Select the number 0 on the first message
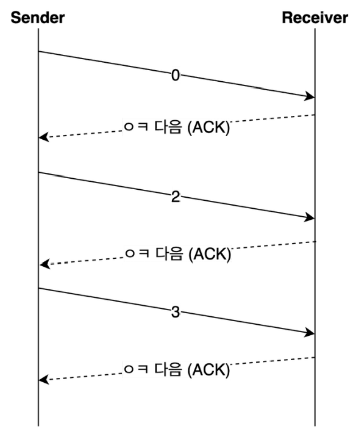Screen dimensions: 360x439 (175, 75)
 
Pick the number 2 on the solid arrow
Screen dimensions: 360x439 (175, 197)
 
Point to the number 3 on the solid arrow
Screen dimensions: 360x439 (175, 312)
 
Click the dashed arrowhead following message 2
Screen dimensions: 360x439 (44, 264)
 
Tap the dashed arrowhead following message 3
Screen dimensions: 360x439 (44, 380)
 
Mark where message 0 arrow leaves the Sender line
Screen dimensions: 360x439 (38, 51)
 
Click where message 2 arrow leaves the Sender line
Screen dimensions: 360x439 (38, 172)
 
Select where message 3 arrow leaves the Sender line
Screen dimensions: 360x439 (38, 288)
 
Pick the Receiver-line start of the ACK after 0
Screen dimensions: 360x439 (315, 115)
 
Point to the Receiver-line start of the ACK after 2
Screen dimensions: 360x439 (315, 241)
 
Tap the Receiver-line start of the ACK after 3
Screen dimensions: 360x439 (315, 357)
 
